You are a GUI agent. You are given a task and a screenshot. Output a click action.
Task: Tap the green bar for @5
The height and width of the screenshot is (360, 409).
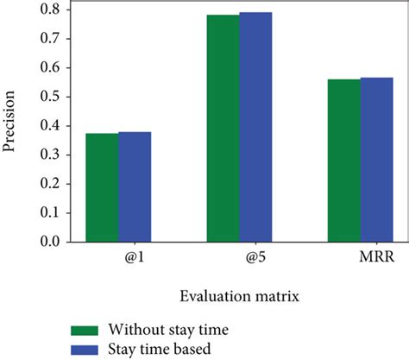click(x=223, y=129)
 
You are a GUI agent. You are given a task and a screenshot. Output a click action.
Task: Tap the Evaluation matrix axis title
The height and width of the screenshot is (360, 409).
click(x=239, y=297)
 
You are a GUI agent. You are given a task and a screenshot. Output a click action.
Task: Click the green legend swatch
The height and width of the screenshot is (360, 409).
click(x=85, y=331)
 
